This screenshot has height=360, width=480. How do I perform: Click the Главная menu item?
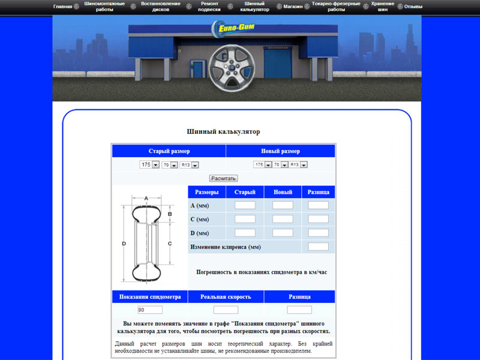[x=63, y=7]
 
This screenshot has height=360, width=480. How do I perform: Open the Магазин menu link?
[x=293, y=7]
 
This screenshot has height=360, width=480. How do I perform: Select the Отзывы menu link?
[x=413, y=7]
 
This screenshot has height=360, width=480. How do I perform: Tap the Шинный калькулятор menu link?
[x=254, y=7]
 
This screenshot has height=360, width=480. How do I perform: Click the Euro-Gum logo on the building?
[x=233, y=28]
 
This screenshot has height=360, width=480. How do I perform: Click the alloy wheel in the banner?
[x=232, y=68]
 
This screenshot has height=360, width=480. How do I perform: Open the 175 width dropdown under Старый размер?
[x=149, y=164]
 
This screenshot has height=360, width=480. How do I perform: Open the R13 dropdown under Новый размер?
[x=298, y=164]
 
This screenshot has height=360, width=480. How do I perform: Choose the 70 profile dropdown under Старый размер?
[x=170, y=165]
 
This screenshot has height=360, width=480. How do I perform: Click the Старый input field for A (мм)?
[x=245, y=205]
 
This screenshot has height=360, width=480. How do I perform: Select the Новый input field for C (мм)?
[x=283, y=219]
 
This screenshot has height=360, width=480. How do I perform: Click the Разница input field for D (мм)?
[x=318, y=233]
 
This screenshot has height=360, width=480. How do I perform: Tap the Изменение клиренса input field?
[x=318, y=247]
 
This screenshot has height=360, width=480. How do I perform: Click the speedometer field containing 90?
[x=150, y=310]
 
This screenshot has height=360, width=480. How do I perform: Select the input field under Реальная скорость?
[x=226, y=310]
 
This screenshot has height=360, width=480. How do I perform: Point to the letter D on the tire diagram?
[x=124, y=244]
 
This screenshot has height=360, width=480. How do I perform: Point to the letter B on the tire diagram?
[x=170, y=214]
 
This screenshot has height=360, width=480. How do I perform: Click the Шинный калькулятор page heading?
[x=223, y=131]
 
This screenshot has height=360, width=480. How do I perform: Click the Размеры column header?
[x=206, y=192]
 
